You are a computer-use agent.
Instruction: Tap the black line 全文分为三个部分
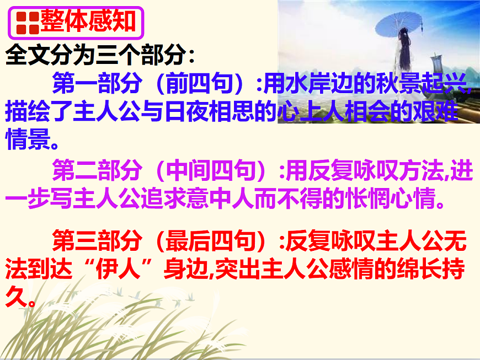(100, 55)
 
